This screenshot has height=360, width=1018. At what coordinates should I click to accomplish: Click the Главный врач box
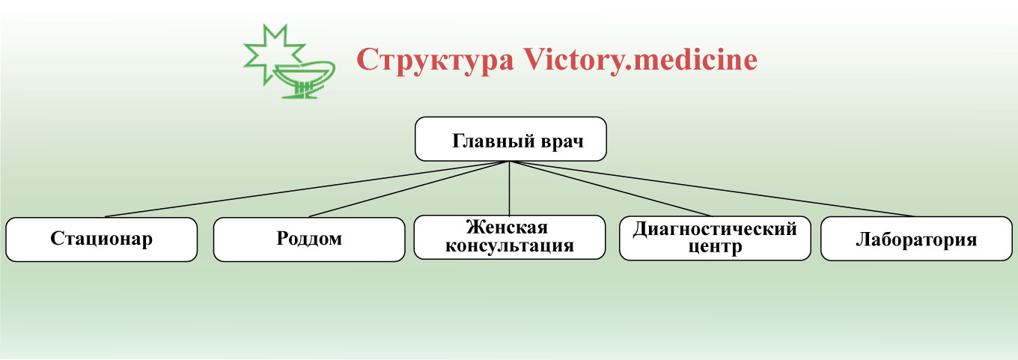[510, 139]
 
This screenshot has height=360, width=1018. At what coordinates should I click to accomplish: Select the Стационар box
[101, 240]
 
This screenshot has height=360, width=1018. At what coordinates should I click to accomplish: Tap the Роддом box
[309, 240]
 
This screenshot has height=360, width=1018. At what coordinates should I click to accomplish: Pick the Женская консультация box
[510, 237]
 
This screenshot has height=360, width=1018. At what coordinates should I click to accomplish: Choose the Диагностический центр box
[715, 238]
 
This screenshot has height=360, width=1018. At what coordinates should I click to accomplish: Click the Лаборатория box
[916, 239]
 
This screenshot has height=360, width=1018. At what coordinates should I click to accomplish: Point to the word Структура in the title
[436, 61]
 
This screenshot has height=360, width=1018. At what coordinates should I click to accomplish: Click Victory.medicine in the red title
[640, 60]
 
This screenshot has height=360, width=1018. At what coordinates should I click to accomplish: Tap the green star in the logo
[272, 55]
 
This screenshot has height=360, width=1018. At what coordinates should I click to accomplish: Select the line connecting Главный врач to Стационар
[307, 189]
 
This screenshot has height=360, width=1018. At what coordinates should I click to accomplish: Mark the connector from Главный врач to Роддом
[409, 189]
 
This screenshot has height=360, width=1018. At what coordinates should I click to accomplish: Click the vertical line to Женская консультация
[510, 188]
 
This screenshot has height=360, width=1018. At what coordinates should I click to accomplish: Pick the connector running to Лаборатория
[713, 189]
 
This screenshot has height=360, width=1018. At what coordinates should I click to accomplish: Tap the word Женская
[507, 227]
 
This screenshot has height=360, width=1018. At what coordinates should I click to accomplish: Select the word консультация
[510, 246]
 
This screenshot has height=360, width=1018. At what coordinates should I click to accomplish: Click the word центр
[715, 247]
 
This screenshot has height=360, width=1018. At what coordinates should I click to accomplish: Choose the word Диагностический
[715, 228]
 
